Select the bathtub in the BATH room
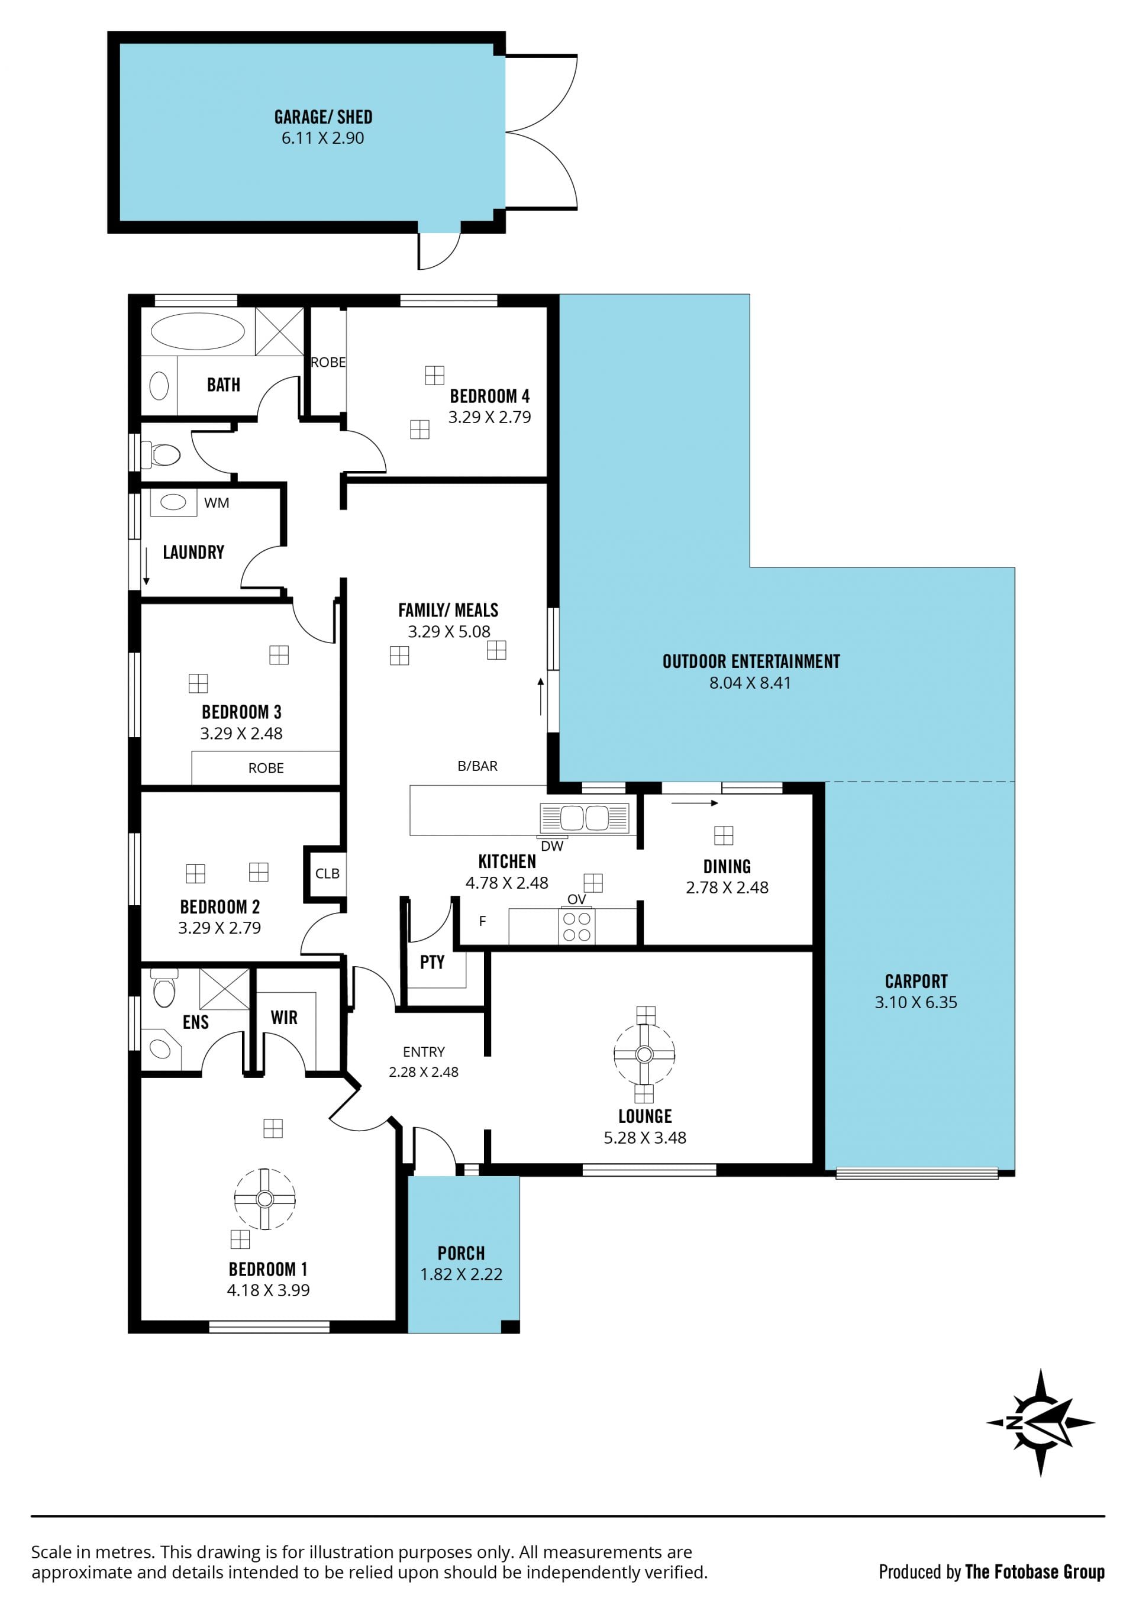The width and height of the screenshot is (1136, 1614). point(198,331)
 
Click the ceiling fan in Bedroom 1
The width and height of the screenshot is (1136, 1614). point(264,1199)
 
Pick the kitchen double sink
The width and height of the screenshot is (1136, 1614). point(583,818)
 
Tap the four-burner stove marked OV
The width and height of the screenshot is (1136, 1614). point(576,926)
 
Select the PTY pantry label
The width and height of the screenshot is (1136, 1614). point(432,963)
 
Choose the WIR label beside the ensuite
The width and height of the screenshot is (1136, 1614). point(284,1017)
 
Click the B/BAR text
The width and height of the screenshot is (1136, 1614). point(477,766)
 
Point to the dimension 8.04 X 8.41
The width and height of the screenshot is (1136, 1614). point(750,683)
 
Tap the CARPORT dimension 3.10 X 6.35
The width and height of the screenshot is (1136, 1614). point(915,1002)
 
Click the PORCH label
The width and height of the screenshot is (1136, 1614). point(461,1253)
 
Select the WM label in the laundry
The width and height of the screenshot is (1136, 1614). point(217,503)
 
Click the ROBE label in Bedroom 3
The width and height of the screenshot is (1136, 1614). point(266,769)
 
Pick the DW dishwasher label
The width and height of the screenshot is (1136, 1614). point(552,847)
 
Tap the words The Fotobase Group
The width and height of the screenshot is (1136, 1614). point(1035,1572)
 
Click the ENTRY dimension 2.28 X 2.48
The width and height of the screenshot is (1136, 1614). point(423,1072)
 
